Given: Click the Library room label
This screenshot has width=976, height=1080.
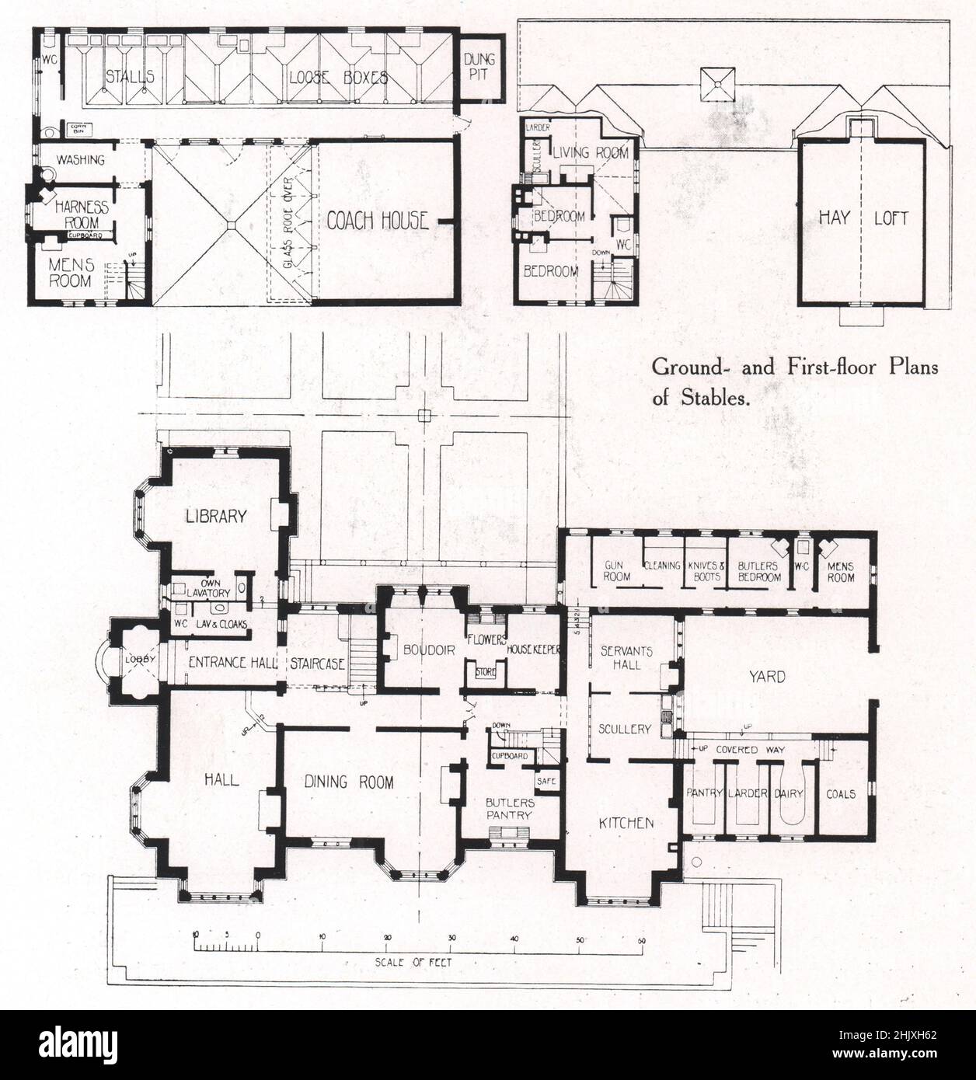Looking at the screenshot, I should (216, 516).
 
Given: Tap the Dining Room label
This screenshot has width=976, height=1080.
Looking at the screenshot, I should (349, 782).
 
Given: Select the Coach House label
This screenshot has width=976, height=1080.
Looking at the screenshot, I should (377, 221).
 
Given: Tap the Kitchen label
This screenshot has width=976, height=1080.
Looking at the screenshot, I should (625, 823).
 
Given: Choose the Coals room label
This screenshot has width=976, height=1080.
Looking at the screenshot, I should (841, 793).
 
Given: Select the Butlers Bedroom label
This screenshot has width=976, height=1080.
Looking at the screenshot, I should (758, 571).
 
